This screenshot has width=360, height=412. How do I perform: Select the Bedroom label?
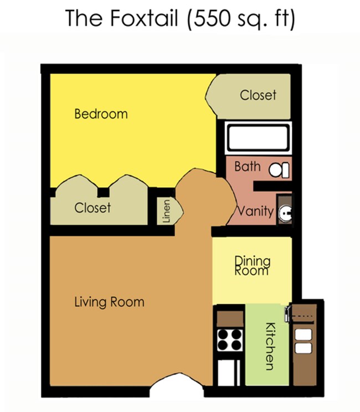[x=101, y=114]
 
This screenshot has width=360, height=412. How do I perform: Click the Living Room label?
[x=109, y=302]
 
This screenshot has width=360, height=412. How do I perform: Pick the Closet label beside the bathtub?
[x=258, y=95]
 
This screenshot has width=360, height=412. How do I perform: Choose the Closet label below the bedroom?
[x=92, y=208]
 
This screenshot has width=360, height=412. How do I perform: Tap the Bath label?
[x=247, y=166]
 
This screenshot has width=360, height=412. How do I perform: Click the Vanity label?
[x=255, y=211]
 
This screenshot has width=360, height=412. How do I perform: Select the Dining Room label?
[x=253, y=265]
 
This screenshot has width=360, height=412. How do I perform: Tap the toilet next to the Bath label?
[x=279, y=169]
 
